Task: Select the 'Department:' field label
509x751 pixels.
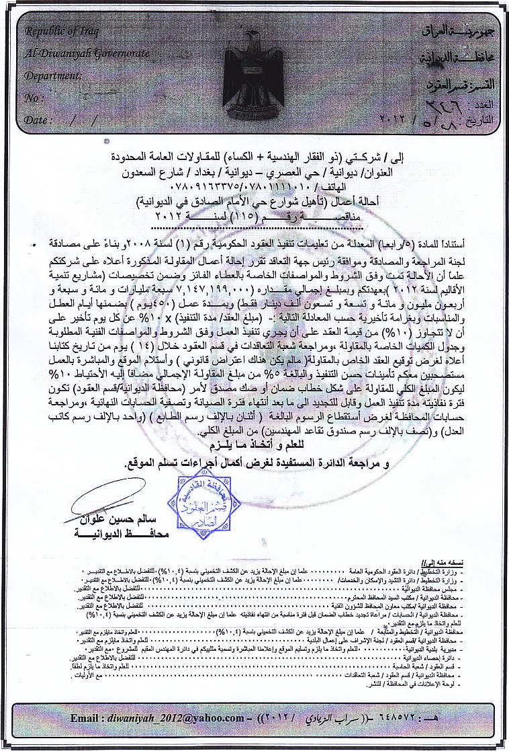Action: [x=52, y=75]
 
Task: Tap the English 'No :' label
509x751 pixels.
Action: [x=34, y=98]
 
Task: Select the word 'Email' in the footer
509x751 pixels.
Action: [x=87, y=719]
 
